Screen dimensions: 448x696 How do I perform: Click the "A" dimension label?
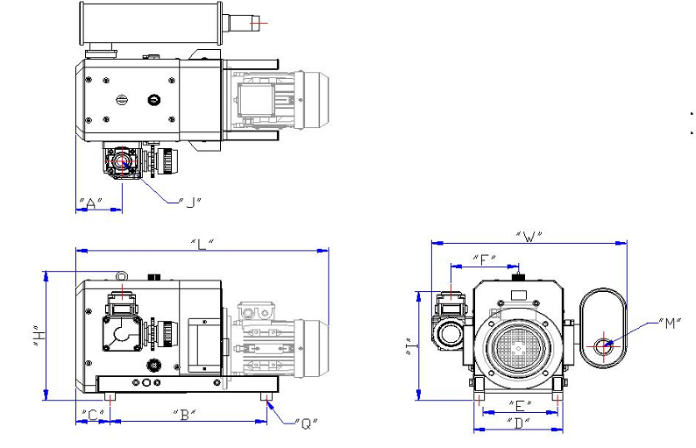[90, 203]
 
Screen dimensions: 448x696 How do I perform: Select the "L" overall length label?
[202, 242]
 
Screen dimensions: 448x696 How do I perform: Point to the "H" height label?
[36, 336]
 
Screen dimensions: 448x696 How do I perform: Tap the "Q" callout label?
[306, 424]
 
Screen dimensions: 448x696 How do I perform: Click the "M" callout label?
[671, 324]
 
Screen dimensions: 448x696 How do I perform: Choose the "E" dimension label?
[519, 405]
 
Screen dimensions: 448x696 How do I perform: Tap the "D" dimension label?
[519, 423]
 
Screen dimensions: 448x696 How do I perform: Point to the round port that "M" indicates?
[603, 345]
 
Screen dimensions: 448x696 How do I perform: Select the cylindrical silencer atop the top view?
[149, 25]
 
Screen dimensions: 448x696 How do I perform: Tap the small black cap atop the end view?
[518, 276]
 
